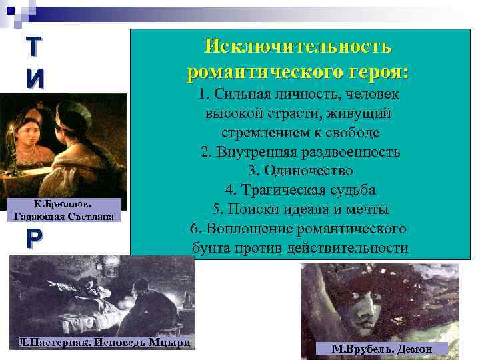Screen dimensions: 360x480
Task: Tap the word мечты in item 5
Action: click(365, 209)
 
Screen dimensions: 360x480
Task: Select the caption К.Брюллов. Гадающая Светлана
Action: click(64, 209)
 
